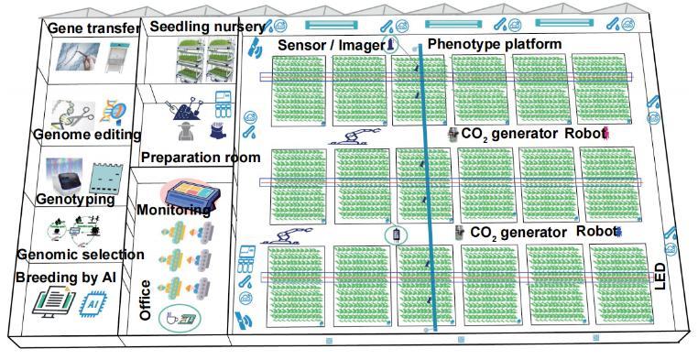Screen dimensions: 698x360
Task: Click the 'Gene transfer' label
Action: (93, 28)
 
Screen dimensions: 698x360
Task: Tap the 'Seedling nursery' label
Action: (207, 27)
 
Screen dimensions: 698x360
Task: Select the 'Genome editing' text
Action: (87, 135)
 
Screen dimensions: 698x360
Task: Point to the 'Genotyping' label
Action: (75, 200)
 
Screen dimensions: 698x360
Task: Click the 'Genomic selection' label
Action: (81, 255)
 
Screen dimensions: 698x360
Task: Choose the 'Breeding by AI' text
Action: (66, 278)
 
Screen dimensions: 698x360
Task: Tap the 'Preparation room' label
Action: (201, 158)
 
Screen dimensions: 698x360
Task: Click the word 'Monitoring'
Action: (174, 210)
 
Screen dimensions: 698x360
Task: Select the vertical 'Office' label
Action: (145, 300)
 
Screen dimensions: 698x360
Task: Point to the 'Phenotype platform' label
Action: (495, 44)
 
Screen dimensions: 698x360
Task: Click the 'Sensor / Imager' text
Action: (332, 46)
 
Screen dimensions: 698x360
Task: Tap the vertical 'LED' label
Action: (660, 277)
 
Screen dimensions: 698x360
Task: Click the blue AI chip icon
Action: (93, 304)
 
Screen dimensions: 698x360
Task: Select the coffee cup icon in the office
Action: (170, 318)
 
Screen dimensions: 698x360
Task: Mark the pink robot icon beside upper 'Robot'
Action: (605, 133)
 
